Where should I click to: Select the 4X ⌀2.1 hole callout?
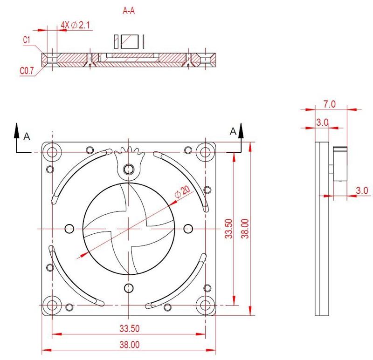click(x=75, y=26)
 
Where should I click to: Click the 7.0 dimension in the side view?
click(x=329, y=104)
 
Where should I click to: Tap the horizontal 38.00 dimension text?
click(x=129, y=345)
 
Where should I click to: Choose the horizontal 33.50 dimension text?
click(x=129, y=328)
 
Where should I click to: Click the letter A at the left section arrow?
click(x=27, y=136)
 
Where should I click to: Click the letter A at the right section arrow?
click(x=233, y=132)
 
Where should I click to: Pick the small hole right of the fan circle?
click(x=188, y=228)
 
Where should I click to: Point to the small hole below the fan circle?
click(x=129, y=287)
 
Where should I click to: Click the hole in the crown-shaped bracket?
click(x=129, y=169)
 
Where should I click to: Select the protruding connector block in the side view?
click(x=340, y=164)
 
